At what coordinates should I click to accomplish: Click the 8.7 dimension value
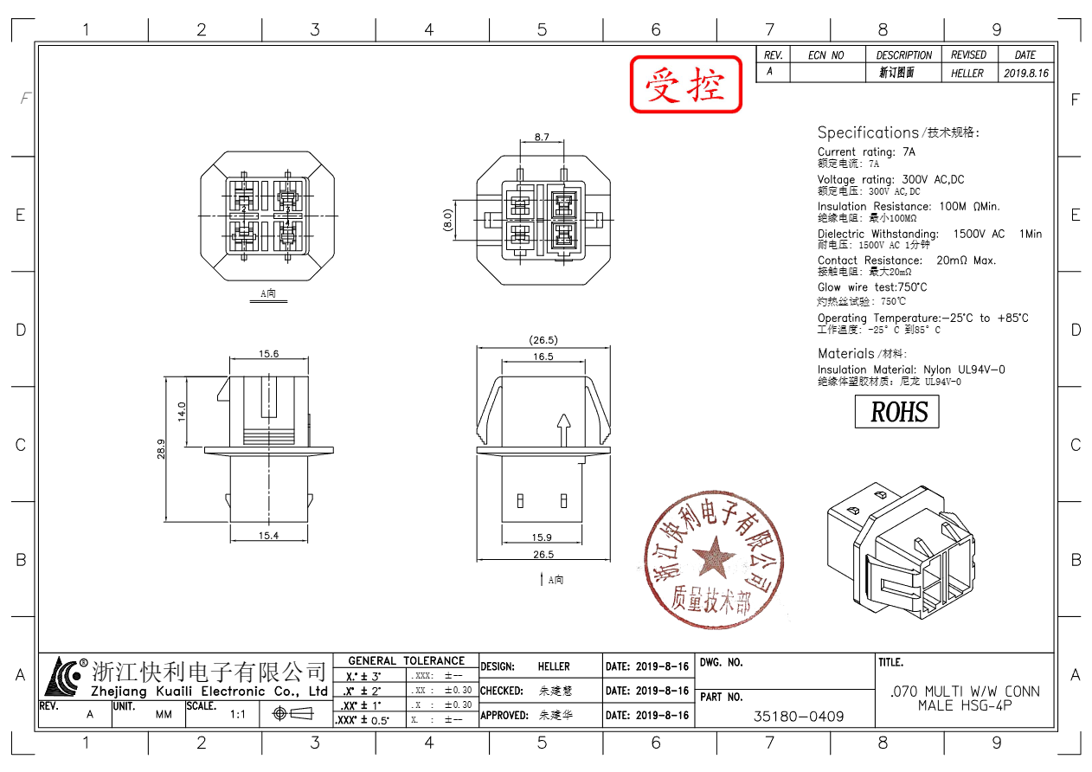click(542, 138)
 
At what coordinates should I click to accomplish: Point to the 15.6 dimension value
click(268, 353)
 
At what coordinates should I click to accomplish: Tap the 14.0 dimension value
click(182, 411)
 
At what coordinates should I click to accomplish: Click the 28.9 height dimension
click(161, 449)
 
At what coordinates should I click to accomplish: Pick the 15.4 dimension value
click(268, 536)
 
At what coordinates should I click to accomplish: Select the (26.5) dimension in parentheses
click(543, 340)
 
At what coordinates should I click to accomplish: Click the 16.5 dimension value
click(543, 357)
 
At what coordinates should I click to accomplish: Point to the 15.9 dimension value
click(543, 538)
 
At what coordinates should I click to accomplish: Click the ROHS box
click(896, 411)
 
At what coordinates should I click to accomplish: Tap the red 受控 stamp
click(686, 85)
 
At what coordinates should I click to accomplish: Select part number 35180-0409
click(799, 717)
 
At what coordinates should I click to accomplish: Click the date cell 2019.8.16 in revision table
click(1026, 74)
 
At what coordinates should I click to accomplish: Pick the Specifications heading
click(868, 132)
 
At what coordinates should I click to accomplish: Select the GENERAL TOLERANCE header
click(406, 660)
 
